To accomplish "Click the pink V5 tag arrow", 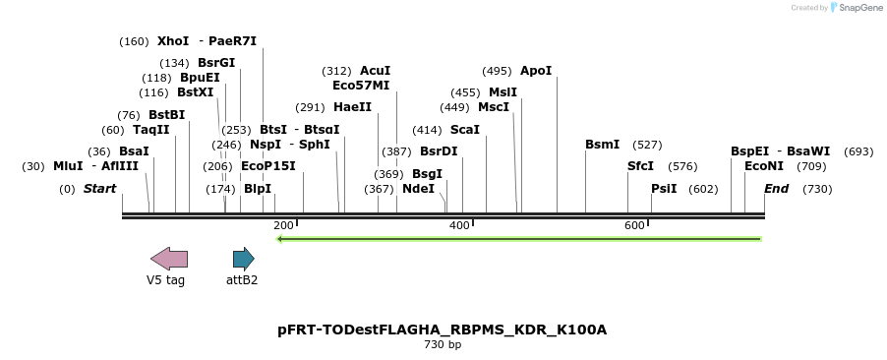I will tap(168, 259).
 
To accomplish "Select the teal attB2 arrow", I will tap(243, 259).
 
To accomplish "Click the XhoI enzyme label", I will tap(172, 41).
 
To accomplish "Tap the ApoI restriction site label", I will tap(536, 71).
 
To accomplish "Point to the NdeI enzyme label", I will tap(418, 189).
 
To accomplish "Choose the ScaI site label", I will tap(465, 130).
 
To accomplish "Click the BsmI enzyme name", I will tap(602, 145).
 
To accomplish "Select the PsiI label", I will tap(664, 189).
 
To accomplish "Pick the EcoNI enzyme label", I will tap(764, 166).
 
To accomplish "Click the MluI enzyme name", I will tap(68, 166).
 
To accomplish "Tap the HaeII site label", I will tap(352, 107).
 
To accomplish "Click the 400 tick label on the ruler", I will tap(459, 226).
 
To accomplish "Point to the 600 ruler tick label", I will tap(634, 226).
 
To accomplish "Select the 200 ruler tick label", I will tap(283, 226).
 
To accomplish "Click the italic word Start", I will tap(99, 189).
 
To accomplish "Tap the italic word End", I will tap(776, 189).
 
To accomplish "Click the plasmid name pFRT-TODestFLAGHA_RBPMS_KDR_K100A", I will tap(443, 330).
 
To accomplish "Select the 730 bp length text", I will tap(443, 345).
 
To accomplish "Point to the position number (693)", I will tap(858, 151).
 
